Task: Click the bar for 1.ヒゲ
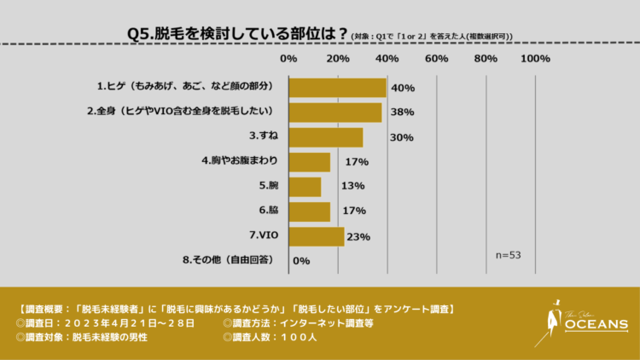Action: coord(338,87)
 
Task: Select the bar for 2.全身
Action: coord(335,112)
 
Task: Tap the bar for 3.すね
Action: coord(326,137)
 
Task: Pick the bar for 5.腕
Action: coord(305,186)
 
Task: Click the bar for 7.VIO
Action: coord(317,236)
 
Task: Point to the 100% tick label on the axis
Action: coord(535,59)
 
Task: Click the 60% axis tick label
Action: coord(437,59)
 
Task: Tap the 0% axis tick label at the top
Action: coord(288,59)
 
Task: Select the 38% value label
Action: coord(402,112)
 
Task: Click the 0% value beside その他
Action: coord(300,261)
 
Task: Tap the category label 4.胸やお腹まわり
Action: coord(239,161)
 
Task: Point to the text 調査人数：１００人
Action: coord(271,338)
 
